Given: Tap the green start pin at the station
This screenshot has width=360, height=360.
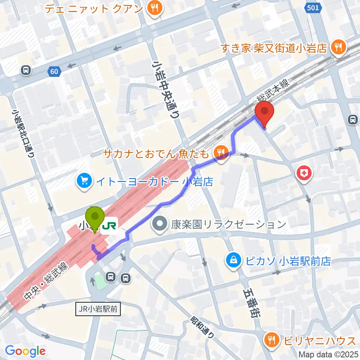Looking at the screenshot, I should coord(95,217).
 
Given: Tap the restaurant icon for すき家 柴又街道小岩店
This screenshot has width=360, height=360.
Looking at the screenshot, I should coord(339,48).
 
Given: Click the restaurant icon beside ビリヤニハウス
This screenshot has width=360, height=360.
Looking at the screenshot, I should coord(271,340).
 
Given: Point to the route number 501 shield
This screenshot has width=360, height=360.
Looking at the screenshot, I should coord(313,8).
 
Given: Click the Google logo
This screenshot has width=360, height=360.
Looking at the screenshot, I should coord(25,351).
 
